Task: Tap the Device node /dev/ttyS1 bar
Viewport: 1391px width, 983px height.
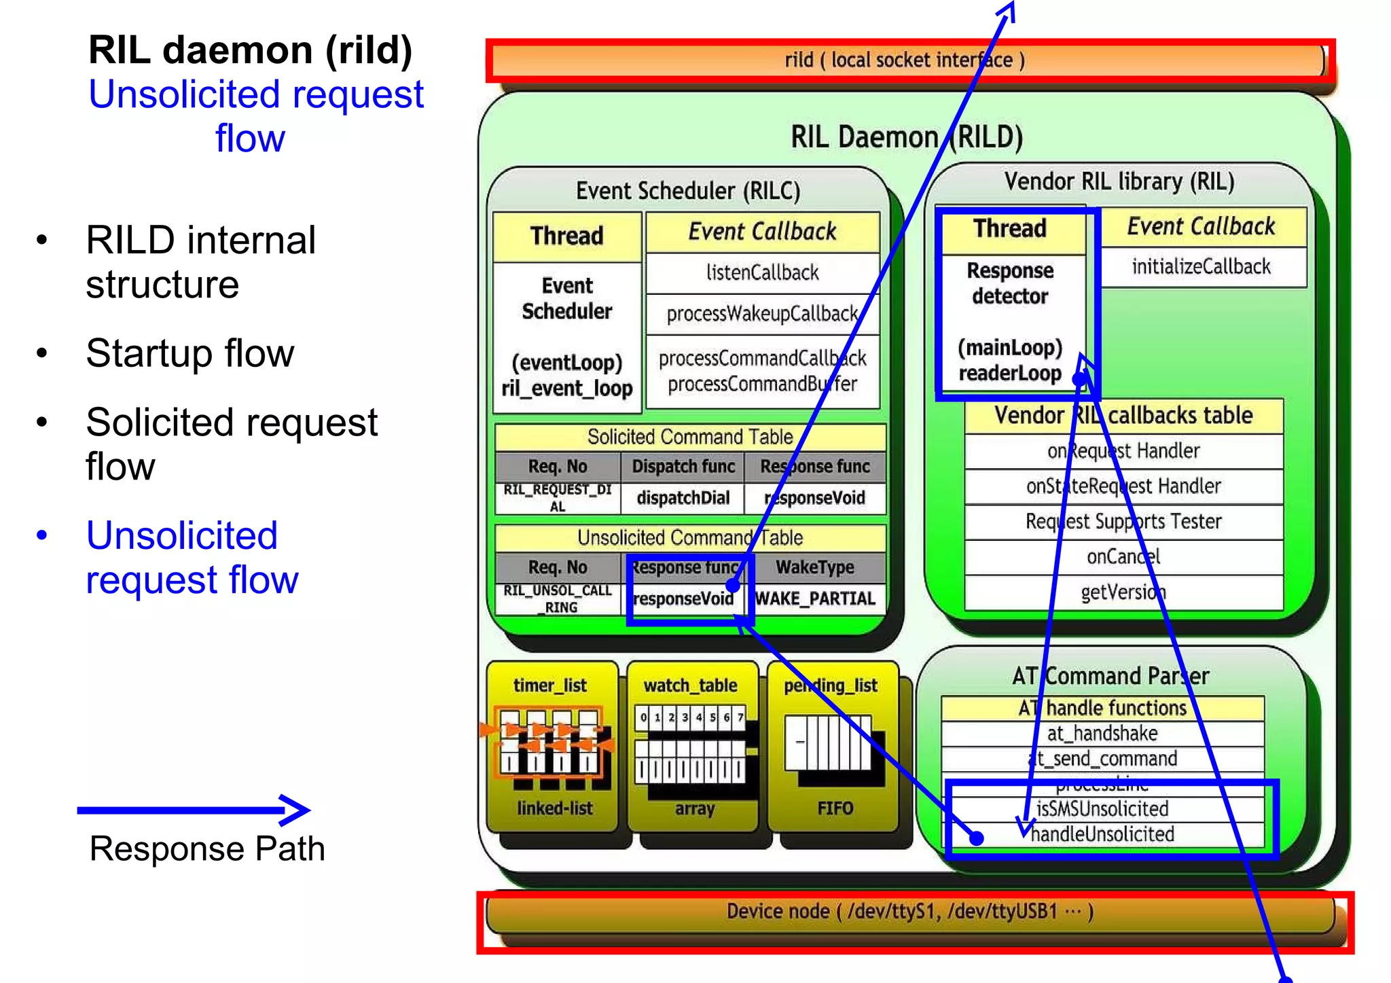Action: click(x=909, y=912)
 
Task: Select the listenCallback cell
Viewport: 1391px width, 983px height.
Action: click(x=762, y=273)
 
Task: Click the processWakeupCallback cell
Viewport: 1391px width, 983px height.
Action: click(x=762, y=314)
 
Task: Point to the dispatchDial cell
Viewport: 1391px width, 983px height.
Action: click(x=683, y=498)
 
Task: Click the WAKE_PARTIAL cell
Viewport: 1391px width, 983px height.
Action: click(x=815, y=598)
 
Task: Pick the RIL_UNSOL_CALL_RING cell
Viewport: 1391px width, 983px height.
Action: click(x=558, y=598)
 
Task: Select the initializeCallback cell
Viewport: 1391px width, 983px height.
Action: click(x=1201, y=267)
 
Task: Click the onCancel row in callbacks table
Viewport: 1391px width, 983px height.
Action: click(x=1123, y=557)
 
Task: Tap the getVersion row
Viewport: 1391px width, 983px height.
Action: click(x=1123, y=592)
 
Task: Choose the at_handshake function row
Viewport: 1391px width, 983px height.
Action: click(x=1102, y=734)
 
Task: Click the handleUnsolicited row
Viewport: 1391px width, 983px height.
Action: click(x=1102, y=834)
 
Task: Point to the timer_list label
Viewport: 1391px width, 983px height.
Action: click(x=549, y=685)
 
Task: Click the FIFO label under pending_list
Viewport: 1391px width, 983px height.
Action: click(x=835, y=808)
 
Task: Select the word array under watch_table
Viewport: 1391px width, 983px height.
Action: click(x=694, y=808)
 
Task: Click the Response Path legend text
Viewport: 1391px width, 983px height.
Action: click(x=207, y=848)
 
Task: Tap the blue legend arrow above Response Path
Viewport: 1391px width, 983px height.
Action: click(x=194, y=810)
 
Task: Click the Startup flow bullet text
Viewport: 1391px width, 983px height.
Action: click(x=190, y=353)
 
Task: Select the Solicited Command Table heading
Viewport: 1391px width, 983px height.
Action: click(x=690, y=437)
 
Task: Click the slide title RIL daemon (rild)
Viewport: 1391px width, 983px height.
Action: click(x=250, y=50)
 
